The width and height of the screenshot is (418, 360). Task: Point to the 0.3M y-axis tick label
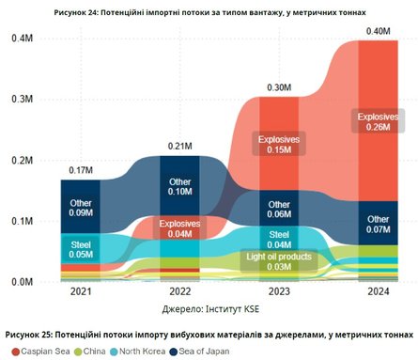pyautogui.click(x=22, y=99)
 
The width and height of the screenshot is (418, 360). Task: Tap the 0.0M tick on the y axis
pyautogui.click(x=22, y=282)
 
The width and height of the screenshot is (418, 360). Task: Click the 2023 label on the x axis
pyautogui.click(x=278, y=293)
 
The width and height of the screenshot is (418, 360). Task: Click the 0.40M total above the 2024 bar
pyautogui.click(x=374, y=33)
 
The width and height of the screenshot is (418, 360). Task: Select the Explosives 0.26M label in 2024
pyautogui.click(x=374, y=121)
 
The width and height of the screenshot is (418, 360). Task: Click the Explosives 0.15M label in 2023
pyautogui.click(x=278, y=143)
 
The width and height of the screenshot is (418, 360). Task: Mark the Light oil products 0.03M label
pyautogui.click(x=278, y=261)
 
